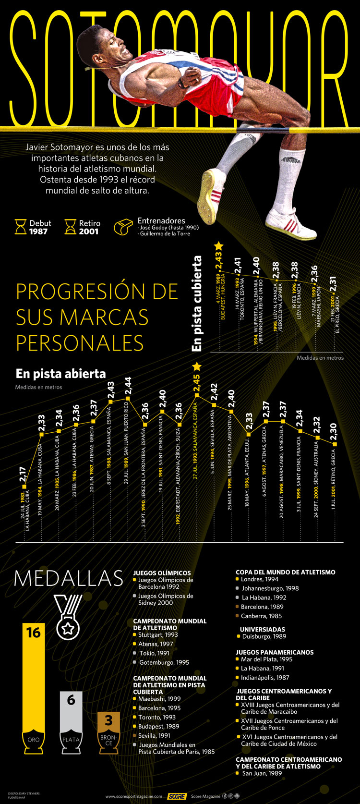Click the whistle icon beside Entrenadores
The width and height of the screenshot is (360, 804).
123,227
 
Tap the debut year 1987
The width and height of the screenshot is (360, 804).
38,231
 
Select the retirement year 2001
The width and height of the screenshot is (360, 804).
89,231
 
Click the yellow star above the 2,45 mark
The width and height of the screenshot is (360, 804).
196,366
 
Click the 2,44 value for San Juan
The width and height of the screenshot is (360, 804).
128,387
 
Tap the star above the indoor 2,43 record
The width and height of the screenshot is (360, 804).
218,246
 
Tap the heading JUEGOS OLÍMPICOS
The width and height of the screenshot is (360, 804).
162,573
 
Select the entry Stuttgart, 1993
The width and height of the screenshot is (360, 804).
158,635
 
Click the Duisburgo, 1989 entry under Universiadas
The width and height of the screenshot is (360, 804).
264,636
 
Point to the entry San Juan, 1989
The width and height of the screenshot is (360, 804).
262,774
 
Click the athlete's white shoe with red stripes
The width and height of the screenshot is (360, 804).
290,224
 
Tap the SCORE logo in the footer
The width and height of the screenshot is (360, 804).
177,796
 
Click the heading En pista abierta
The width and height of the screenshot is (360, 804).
60,374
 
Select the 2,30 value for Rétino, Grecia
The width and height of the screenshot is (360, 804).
334,432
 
